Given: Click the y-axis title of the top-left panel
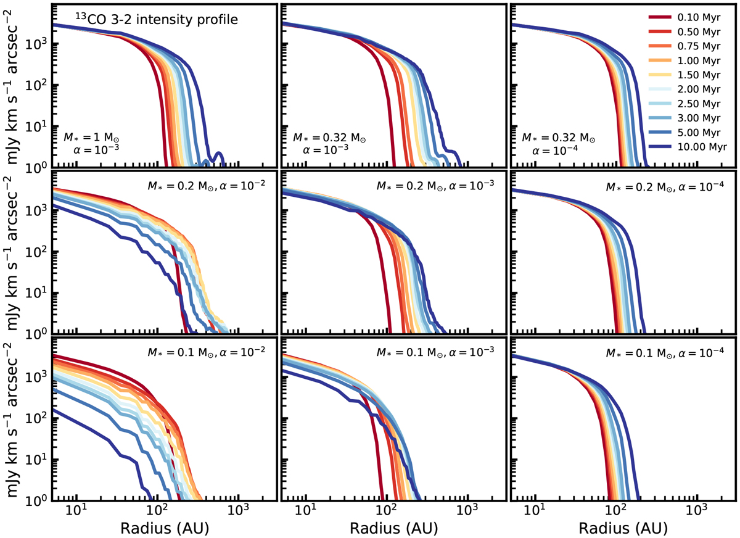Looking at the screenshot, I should [17, 86].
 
